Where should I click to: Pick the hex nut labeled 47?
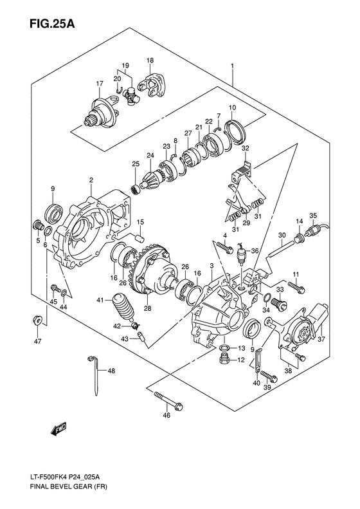coord(38,319)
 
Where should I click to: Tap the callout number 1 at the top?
coord(231,66)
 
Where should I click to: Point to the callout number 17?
coord(100,84)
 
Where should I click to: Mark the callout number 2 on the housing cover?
coord(91,180)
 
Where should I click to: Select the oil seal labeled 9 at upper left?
coord(53,211)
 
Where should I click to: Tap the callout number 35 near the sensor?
coord(313,215)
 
